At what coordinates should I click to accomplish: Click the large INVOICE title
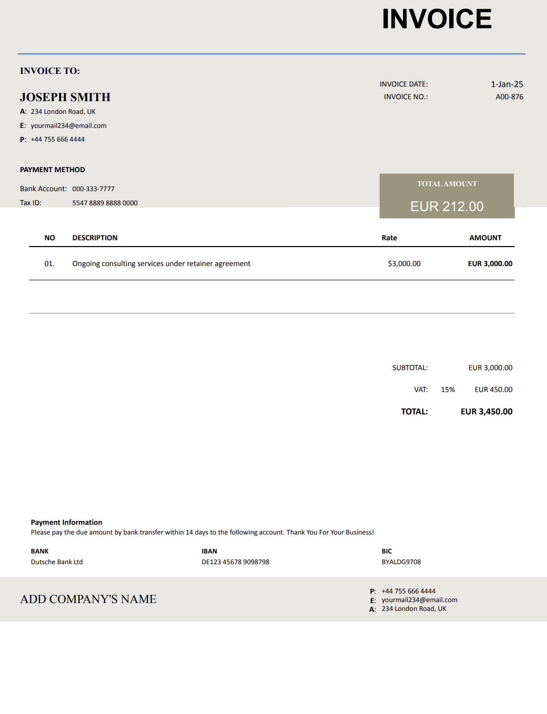click(x=437, y=19)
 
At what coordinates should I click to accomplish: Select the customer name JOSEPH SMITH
click(x=65, y=97)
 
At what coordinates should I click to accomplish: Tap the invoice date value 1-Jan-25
click(x=507, y=84)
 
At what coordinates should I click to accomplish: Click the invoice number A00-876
click(x=509, y=97)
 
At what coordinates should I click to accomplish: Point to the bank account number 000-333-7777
click(x=93, y=189)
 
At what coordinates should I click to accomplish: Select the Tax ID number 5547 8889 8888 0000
click(x=105, y=203)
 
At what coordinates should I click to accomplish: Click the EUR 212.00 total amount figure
click(x=447, y=206)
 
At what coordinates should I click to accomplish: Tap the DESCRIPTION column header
click(x=95, y=238)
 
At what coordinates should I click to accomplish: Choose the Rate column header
click(x=389, y=238)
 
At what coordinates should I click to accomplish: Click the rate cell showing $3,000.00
click(x=404, y=264)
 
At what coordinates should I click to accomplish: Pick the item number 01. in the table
click(x=49, y=264)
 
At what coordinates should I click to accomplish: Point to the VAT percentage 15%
click(x=448, y=390)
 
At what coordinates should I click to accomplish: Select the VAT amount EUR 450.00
click(x=493, y=390)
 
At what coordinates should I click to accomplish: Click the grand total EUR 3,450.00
click(x=486, y=411)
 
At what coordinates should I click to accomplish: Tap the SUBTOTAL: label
click(x=410, y=368)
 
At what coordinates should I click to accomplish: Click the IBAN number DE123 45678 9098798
click(x=235, y=562)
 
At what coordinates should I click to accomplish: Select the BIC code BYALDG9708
click(x=401, y=562)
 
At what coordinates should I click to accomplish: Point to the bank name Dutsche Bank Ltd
click(x=57, y=562)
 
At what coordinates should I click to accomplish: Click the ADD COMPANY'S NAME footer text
click(x=88, y=599)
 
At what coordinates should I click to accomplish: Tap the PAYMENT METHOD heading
click(x=53, y=170)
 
